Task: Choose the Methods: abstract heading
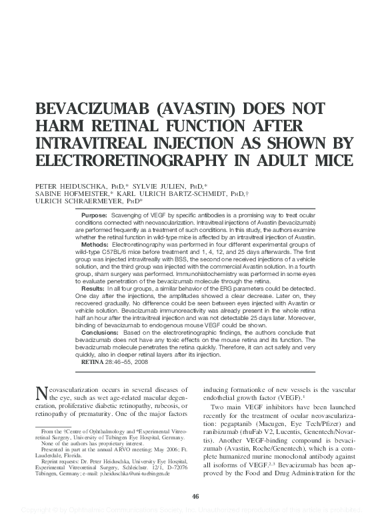[x=95, y=245]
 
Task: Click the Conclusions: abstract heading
[x=101, y=331]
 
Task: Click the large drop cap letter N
[x=39, y=395]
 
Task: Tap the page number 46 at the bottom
[x=195, y=495]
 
